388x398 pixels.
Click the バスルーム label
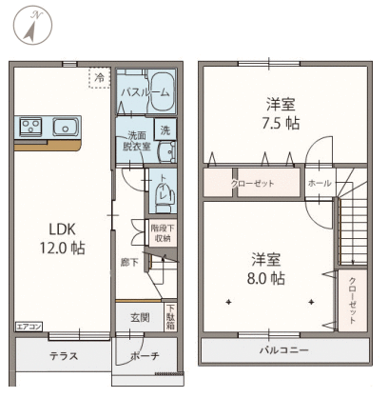(x=145, y=93)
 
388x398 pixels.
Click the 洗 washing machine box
(x=165, y=130)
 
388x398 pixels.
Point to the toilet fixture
(x=163, y=195)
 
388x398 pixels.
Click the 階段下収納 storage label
(x=161, y=233)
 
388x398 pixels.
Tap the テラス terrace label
(x=64, y=356)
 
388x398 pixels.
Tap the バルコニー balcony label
(x=285, y=349)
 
